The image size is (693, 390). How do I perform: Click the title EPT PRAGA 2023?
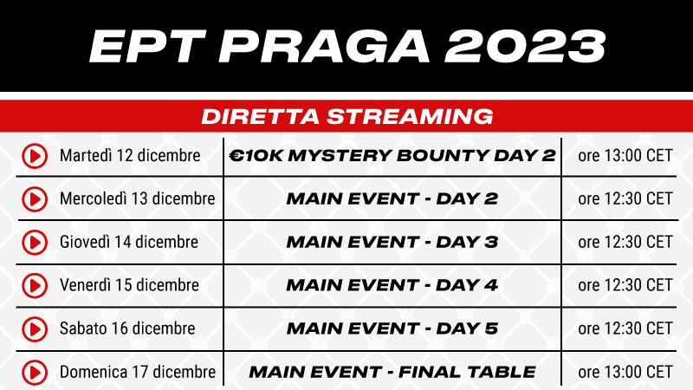347,47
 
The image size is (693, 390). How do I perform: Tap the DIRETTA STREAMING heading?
347,117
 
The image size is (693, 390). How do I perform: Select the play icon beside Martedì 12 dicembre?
35,156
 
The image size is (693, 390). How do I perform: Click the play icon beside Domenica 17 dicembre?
35,373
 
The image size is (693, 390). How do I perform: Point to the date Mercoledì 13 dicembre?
138,198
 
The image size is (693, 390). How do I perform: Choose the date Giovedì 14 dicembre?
129,242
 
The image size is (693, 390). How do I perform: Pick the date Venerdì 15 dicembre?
129,285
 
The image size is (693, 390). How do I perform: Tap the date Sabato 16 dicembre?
127,328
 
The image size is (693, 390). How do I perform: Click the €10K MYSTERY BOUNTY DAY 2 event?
392,156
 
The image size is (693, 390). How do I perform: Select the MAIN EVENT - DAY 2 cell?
392,199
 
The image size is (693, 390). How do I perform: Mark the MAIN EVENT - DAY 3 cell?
392,243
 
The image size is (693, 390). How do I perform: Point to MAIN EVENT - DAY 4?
392,285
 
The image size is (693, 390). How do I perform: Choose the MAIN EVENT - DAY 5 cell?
392,328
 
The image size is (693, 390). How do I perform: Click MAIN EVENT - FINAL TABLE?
392,373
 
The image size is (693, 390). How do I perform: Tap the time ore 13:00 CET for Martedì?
625,156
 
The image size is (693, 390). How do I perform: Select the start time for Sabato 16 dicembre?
625,328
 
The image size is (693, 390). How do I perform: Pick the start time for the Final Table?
625,373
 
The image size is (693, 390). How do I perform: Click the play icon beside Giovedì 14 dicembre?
35,243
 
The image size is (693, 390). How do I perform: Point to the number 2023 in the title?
525,47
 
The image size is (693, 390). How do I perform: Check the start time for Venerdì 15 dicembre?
625,285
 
